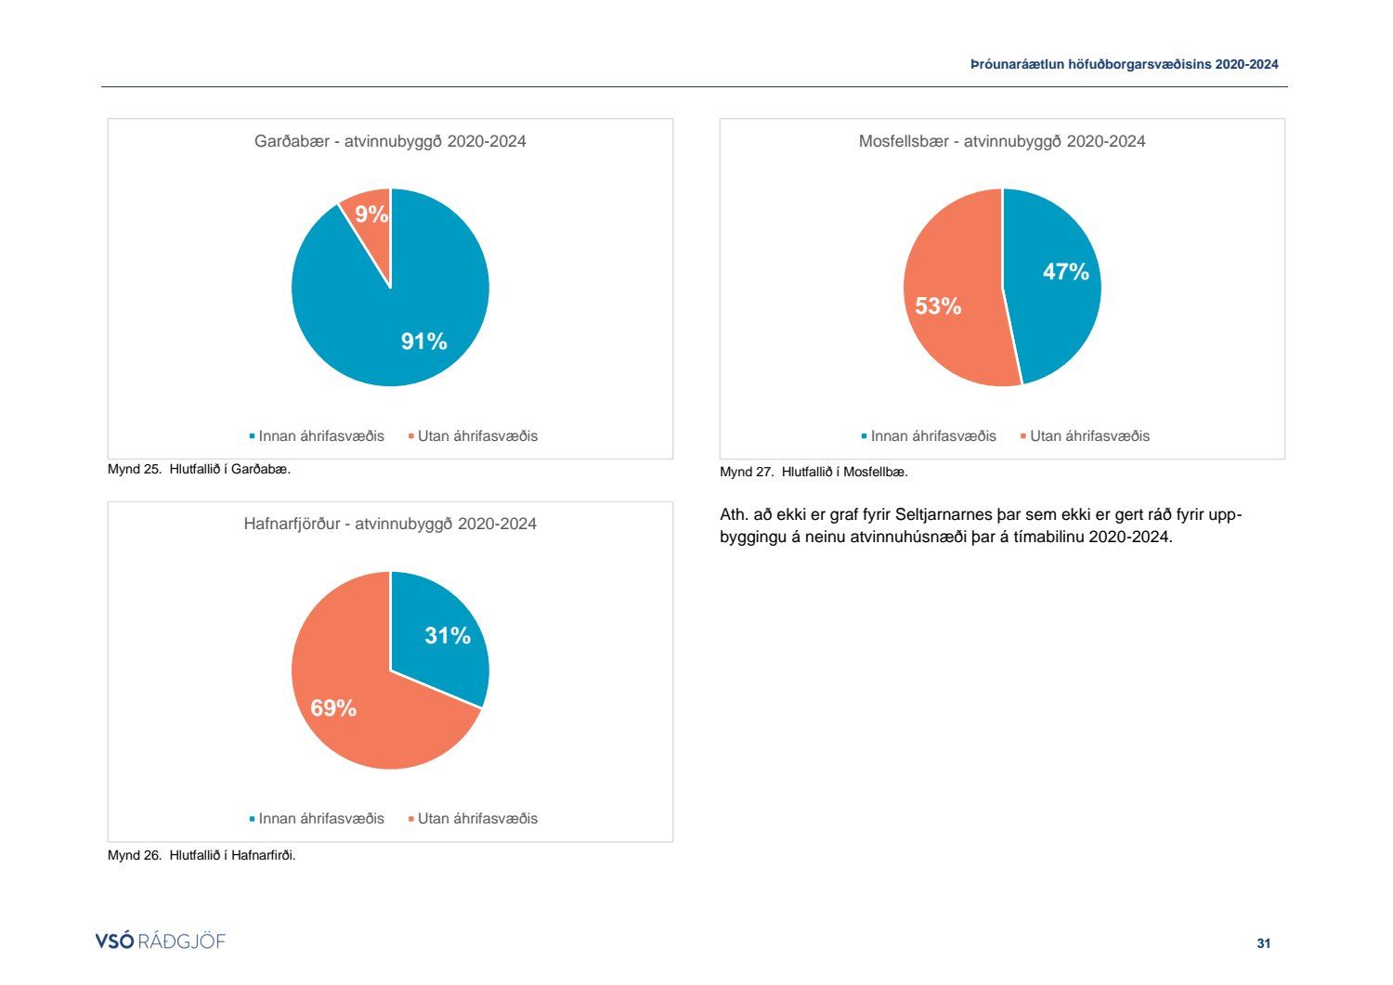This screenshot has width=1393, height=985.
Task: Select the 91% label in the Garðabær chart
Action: pyautogui.click(x=423, y=342)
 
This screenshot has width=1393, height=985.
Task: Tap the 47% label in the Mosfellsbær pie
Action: pyautogui.click(x=1065, y=271)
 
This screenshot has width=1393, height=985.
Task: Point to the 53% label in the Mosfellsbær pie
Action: pyautogui.click(x=938, y=306)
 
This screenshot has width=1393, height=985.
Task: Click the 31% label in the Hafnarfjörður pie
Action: pyautogui.click(x=447, y=636)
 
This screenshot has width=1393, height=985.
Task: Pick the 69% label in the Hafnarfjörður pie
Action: pyautogui.click(x=333, y=708)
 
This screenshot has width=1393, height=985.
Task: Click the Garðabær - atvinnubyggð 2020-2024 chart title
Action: pyautogui.click(x=390, y=141)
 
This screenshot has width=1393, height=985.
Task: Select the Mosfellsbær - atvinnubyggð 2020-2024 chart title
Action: pyautogui.click(x=1001, y=141)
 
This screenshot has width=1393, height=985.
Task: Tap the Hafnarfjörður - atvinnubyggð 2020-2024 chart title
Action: pyautogui.click(x=390, y=524)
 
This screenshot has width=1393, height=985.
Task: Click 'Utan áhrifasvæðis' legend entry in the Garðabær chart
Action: pyautogui.click(x=476, y=436)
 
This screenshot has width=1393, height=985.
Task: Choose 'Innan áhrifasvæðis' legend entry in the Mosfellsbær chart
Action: pyautogui.click(x=932, y=436)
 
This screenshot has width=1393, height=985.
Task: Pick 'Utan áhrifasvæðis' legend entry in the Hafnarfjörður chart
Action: pyautogui.click(x=476, y=819)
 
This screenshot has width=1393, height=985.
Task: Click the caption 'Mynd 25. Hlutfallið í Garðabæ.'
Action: pyautogui.click(x=199, y=470)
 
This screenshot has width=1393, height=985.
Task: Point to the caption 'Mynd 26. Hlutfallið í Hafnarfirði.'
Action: pyautogui.click(x=202, y=856)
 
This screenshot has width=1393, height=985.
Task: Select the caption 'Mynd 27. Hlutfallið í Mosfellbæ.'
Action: pyautogui.click(x=814, y=473)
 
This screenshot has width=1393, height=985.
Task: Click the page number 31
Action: pyautogui.click(x=1263, y=943)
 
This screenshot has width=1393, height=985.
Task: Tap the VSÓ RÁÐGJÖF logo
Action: pyautogui.click(x=160, y=941)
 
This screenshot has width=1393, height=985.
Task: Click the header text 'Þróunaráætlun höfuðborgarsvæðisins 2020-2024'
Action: pyautogui.click(x=1124, y=65)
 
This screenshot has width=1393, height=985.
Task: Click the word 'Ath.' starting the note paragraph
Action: pyautogui.click(x=733, y=515)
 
